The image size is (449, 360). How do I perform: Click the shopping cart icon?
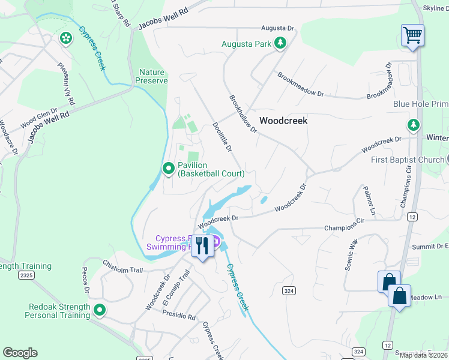click(x=412, y=35)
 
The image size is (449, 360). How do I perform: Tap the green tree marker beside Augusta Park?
click(x=279, y=43)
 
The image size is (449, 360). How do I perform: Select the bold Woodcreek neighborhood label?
click(x=283, y=121)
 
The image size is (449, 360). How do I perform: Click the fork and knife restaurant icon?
click(x=202, y=245)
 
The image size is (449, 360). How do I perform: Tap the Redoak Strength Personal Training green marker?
click(x=99, y=311)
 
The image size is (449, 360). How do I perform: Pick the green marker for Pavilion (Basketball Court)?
click(x=169, y=167)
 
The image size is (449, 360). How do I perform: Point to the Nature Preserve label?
click(x=149, y=76)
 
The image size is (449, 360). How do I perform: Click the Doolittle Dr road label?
click(x=222, y=137)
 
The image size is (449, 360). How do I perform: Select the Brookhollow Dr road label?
click(x=243, y=113)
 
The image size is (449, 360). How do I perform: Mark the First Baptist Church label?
click(x=408, y=160)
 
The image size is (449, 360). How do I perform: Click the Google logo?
click(x=20, y=353)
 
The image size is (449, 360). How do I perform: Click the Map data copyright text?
click(x=423, y=355)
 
